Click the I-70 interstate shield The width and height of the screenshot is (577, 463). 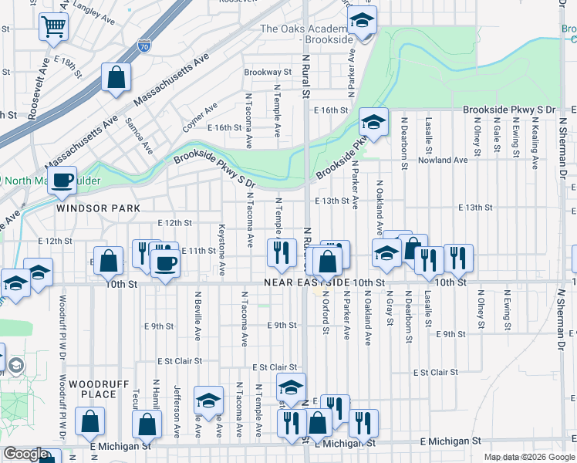143,46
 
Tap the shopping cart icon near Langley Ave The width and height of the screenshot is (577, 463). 54,27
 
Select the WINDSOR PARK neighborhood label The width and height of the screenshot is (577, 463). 97,208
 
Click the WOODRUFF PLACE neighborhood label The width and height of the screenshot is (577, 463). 92,389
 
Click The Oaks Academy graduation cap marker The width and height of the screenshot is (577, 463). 359,23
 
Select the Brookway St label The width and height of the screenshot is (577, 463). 267,72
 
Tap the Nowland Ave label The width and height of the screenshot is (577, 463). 443,161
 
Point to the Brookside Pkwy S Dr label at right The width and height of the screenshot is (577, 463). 509,110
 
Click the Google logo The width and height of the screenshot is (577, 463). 26,454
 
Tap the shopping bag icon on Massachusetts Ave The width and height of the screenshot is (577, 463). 116,77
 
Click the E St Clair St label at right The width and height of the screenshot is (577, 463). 435,372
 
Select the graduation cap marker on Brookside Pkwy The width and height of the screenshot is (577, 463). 373,123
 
